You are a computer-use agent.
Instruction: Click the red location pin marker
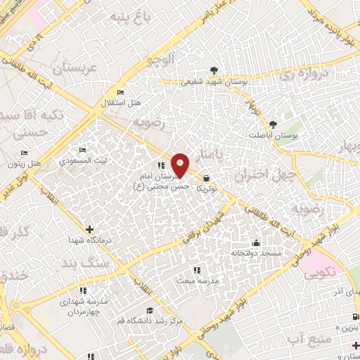coord(181,166)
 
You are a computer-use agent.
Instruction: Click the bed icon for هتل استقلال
coord(121,92)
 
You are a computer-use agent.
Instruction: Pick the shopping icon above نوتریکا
coord(206,179)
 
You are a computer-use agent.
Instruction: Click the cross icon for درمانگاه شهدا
coord(89,229)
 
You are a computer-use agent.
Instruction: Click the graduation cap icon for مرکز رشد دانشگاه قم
coord(148,311)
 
